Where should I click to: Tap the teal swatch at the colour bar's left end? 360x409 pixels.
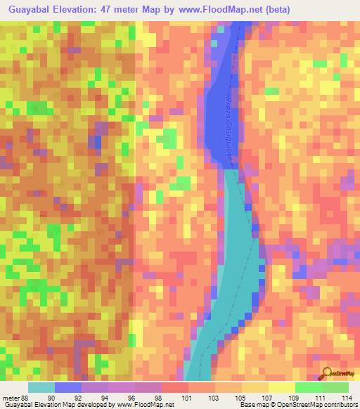(x=41, y=387)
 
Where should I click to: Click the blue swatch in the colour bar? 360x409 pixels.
(x=68, y=387)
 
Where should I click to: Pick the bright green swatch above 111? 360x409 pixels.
(x=309, y=387)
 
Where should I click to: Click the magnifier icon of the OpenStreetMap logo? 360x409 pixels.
(x=326, y=373)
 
